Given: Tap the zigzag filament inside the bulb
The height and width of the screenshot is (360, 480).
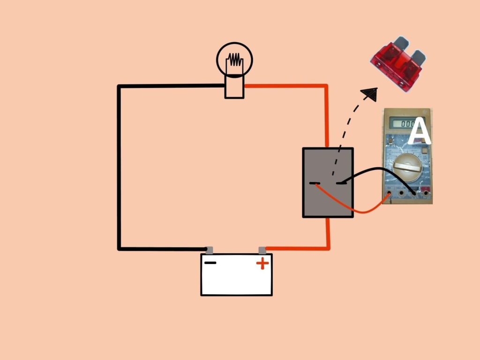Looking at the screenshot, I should click(234, 60).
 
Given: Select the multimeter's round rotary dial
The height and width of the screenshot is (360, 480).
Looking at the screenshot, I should click(406, 168).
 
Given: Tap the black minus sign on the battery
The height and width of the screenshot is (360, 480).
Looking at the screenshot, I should click(210, 262).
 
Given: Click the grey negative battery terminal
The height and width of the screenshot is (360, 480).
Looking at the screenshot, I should click(210, 250).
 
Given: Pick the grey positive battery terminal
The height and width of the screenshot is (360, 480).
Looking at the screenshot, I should click(262, 250).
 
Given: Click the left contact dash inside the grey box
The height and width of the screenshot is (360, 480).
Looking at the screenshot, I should click(315, 183).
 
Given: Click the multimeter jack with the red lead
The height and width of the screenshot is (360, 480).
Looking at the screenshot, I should click(390, 193).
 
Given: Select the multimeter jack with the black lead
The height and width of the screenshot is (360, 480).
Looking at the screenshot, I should click(413, 192).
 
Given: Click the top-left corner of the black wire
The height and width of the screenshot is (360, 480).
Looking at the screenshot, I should click(120, 86).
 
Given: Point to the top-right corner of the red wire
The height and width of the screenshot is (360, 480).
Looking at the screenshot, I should click(326, 86).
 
